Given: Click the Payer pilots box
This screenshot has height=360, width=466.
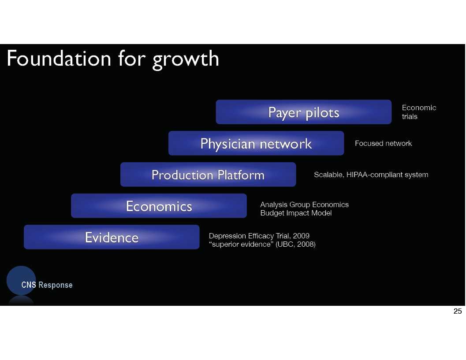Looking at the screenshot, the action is (303, 112).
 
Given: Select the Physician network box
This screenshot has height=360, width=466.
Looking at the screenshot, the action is (256, 143).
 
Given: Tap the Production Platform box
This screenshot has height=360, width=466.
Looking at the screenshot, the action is (208, 174).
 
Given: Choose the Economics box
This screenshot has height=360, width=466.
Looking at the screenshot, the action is (159, 205).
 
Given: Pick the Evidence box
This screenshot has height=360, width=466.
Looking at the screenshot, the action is (112, 237).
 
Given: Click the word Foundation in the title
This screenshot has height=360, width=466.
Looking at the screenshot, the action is (59, 58).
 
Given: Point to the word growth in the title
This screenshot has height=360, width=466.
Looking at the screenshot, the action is (186, 59).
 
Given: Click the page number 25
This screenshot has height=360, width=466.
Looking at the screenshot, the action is (458, 311).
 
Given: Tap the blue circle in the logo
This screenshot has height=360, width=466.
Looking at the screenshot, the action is (21, 280).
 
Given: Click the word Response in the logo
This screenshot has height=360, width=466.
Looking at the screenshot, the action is (56, 285).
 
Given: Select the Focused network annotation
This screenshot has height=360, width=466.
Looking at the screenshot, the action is (384, 143).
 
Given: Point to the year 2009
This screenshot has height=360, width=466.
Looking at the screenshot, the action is (301, 236).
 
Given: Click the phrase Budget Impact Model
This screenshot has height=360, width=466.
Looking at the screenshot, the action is (296, 213).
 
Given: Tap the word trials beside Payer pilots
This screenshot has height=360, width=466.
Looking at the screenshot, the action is (410, 116).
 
